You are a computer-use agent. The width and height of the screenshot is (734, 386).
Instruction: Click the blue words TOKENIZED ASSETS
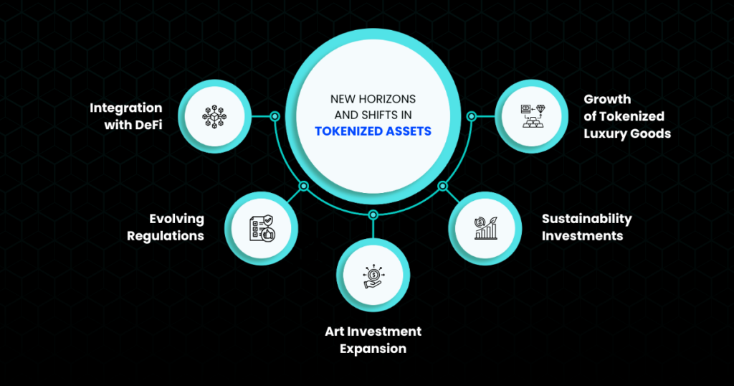(x=373, y=131)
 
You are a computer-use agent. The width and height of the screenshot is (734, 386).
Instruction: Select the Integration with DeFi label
(x=126, y=116)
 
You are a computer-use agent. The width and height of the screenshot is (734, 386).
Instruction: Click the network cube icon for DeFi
(x=214, y=116)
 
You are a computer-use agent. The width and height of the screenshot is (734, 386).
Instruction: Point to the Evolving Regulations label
(x=166, y=227)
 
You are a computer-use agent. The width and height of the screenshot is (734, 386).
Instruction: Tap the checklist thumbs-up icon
(x=262, y=228)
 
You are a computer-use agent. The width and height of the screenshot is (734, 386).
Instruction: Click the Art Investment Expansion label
(x=373, y=340)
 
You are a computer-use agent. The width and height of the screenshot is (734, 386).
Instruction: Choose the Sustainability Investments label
(x=587, y=227)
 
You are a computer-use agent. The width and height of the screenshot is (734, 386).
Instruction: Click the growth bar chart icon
(x=485, y=228)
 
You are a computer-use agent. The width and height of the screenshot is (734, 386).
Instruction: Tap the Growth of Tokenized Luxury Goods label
(x=627, y=117)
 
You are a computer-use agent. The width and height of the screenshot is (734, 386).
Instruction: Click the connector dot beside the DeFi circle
(x=275, y=116)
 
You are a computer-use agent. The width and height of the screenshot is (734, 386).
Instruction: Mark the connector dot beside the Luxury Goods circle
(x=472, y=116)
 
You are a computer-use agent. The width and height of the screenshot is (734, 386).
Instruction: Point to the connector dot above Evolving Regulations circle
(x=304, y=187)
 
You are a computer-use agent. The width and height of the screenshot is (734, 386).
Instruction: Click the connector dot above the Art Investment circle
(x=373, y=215)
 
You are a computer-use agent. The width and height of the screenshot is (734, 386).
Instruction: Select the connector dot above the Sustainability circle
(x=442, y=187)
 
